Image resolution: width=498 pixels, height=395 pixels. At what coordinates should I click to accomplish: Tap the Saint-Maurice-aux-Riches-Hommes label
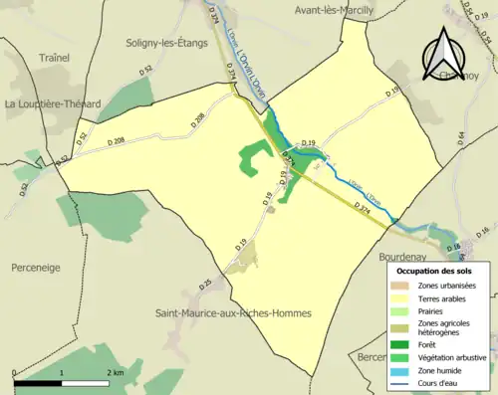233,313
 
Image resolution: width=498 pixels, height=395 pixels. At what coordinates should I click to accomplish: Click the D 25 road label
205,285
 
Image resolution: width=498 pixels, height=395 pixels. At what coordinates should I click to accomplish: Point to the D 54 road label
461,138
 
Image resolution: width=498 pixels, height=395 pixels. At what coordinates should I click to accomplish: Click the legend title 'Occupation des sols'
435,271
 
